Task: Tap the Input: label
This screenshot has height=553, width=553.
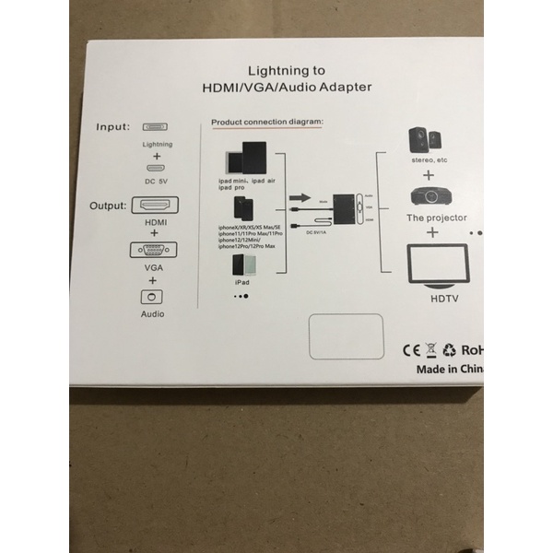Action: (113, 126)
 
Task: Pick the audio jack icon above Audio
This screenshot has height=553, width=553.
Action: (155, 298)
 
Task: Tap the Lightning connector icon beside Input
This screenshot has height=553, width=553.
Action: (157, 127)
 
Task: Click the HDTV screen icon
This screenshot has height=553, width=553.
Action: (437, 266)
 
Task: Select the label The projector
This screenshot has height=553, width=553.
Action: (437, 218)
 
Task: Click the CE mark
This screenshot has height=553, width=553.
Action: (411, 350)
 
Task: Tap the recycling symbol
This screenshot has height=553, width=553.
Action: (450, 350)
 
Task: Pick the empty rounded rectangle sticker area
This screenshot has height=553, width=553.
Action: (346, 337)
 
